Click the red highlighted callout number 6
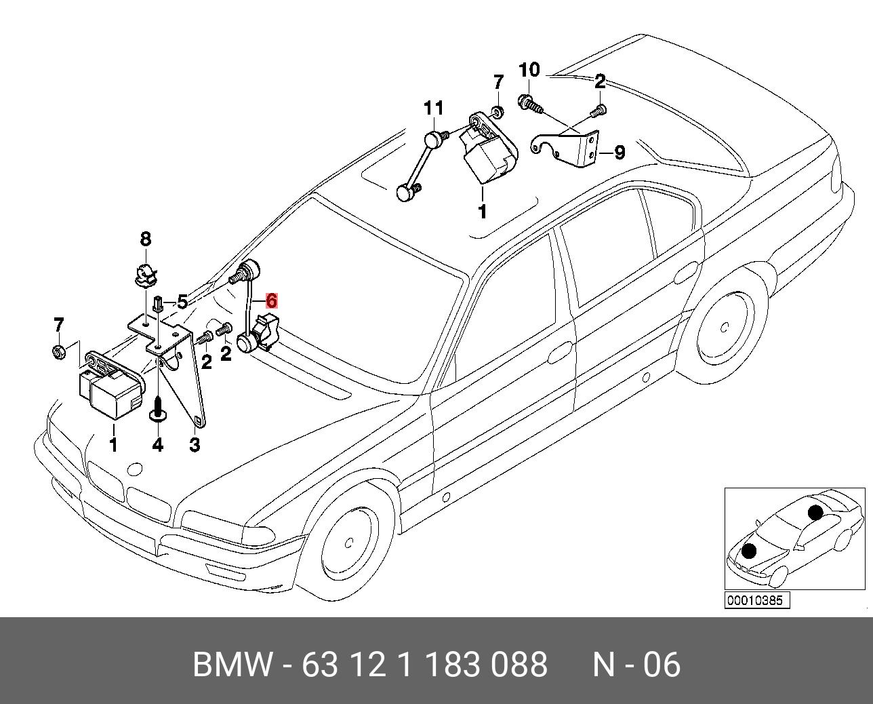[x=271, y=300]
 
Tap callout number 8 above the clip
[x=145, y=239]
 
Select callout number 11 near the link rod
[x=434, y=108]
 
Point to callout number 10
[x=529, y=70]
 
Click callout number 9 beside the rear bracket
[x=619, y=153]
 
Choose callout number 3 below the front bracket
[x=195, y=445]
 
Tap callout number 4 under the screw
[x=157, y=445]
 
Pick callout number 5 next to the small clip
[x=182, y=302]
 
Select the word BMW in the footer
[x=233, y=665]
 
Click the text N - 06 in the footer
[x=636, y=665]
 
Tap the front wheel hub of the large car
[x=350, y=543]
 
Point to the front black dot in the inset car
[x=749, y=551]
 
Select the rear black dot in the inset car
[x=815, y=511]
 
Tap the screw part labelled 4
[x=158, y=411]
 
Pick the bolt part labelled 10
[x=529, y=104]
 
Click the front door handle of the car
[x=560, y=352]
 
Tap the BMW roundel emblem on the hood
[x=135, y=469]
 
